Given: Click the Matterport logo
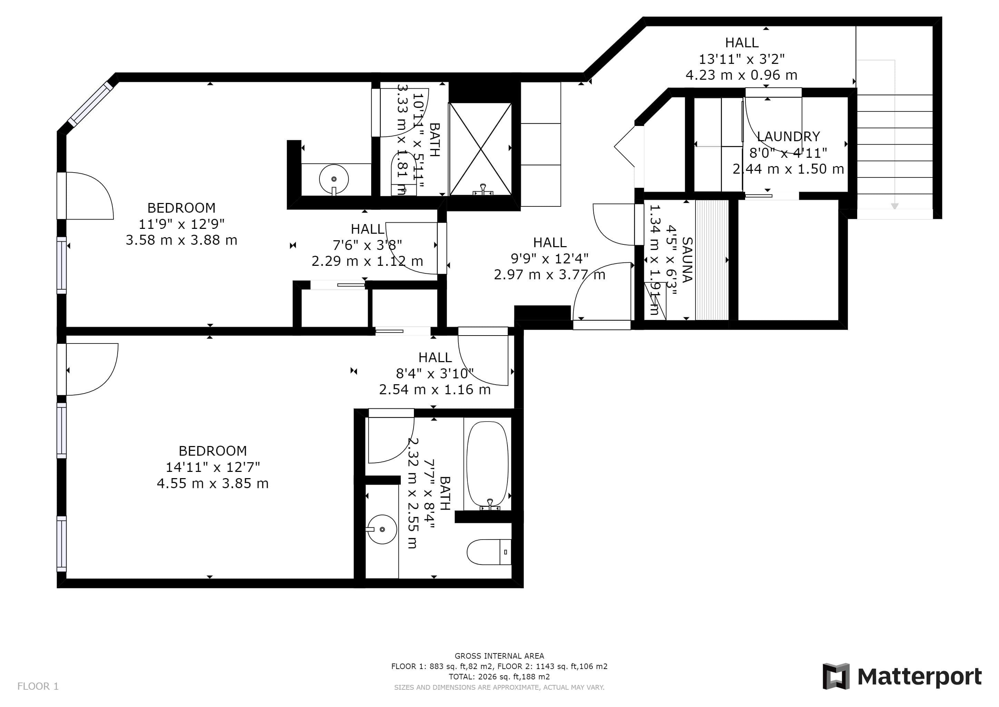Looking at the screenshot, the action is (x=902, y=677).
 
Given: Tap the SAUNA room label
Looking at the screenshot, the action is (x=687, y=260).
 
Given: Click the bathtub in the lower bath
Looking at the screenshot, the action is (x=487, y=465).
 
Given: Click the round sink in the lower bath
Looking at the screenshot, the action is (x=382, y=529).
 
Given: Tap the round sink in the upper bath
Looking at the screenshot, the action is (x=334, y=179).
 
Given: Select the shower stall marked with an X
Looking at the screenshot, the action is (x=481, y=149).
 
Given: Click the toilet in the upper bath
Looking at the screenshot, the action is (x=404, y=173).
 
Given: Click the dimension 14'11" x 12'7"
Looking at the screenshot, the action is (x=213, y=467).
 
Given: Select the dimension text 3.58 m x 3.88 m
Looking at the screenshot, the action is (x=181, y=240).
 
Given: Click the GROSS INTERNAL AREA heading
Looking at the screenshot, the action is (x=499, y=656).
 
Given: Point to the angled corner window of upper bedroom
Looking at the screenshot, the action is (x=90, y=104).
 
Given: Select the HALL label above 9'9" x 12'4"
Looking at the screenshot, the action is (x=550, y=242).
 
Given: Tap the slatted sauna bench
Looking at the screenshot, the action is (x=712, y=260).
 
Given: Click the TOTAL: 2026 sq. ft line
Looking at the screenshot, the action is (x=499, y=677).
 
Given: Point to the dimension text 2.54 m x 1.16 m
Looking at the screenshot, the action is (x=435, y=390).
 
